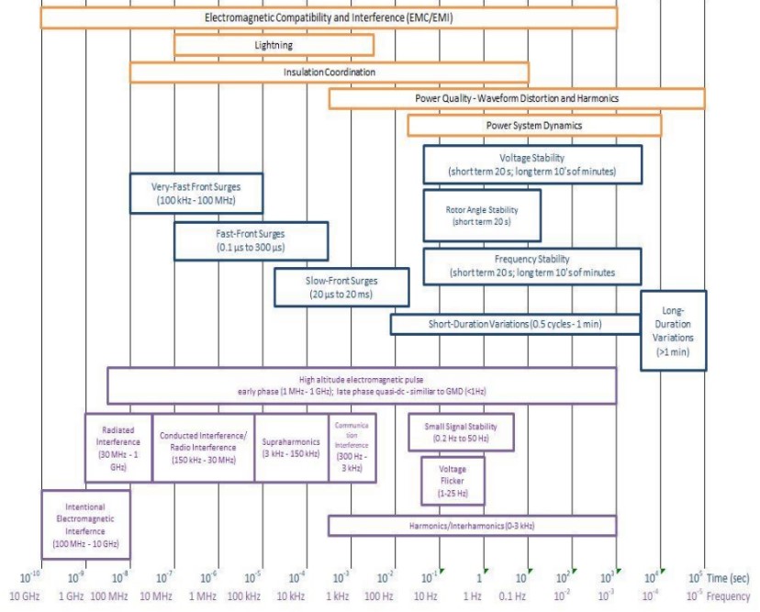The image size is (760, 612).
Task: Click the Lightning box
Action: coord(274,44)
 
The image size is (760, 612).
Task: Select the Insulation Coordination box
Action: coord(329,72)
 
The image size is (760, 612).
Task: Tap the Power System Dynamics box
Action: coord(533,125)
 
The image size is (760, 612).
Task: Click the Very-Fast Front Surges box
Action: coord(196,193)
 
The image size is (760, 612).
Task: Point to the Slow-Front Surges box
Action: coord(341,287)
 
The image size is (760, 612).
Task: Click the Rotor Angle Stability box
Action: coord(481,216)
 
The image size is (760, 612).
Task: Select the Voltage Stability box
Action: coord(531,164)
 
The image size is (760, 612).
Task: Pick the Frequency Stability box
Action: coord(531,265)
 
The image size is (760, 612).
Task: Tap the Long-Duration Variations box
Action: coord(673,330)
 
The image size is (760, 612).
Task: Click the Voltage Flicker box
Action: coord(452,482)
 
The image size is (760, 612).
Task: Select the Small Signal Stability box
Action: coord(460,432)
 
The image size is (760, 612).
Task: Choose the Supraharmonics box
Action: coord(290,447)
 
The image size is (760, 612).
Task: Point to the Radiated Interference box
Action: coord(117,447)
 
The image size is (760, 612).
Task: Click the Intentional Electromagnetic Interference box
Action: coord(85,524)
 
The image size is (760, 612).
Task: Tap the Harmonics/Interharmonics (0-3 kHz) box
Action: coord(472,526)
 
